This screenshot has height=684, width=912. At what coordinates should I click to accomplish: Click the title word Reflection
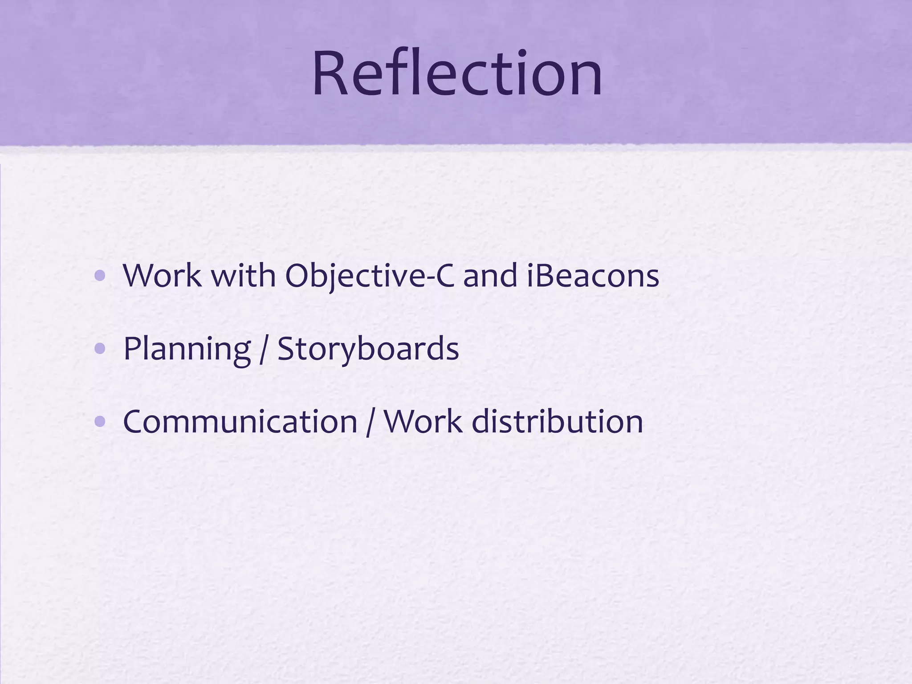(x=457, y=74)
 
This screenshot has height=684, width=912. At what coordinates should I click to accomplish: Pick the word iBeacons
(x=592, y=276)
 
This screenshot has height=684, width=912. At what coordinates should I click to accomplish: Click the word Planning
(x=187, y=349)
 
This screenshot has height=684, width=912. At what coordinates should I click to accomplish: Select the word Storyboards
(x=368, y=349)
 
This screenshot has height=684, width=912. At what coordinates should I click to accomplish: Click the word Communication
(x=240, y=422)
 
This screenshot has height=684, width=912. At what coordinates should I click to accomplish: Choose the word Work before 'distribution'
(x=423, y=422)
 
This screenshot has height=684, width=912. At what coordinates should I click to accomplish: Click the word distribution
(x=557, y=422)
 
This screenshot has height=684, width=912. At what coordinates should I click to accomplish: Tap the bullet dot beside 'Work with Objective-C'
(x=100, y=277)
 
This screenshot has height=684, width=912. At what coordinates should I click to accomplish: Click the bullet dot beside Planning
(x=100, y=350)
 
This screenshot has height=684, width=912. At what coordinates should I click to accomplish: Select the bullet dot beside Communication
(x=100, y=422)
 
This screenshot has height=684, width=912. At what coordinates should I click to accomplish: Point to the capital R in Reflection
(x=330, y=74)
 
